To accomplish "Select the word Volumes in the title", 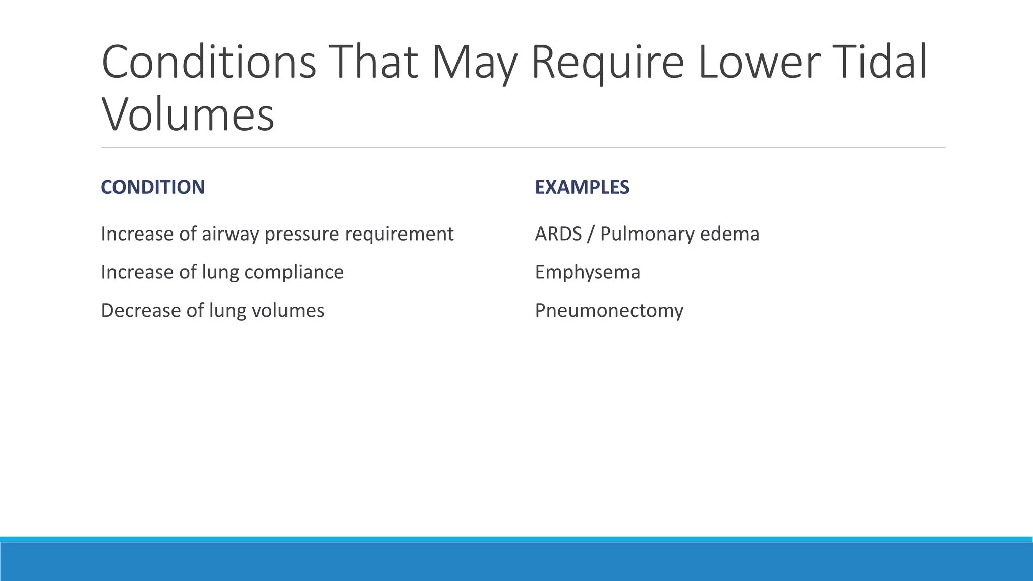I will coord(188,114).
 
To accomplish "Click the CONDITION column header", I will coord(153,187).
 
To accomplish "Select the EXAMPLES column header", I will coord(582,187).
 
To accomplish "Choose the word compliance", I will coord(294,272).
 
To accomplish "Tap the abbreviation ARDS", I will coord(558,234).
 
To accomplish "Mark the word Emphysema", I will coord(587,272).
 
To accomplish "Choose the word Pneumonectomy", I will coord(609,310).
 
